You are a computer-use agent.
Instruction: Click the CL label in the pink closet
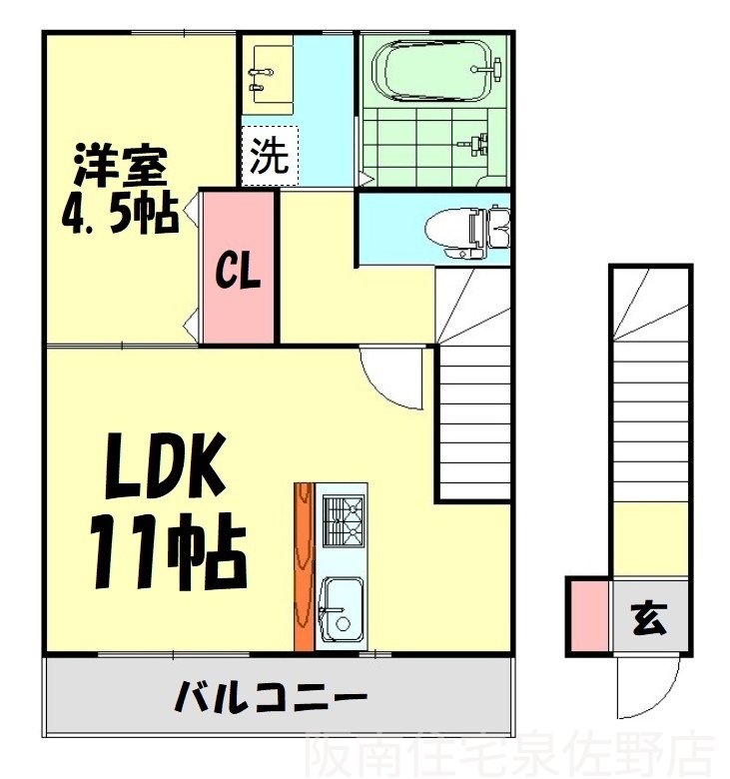pyautogui.click(x=240, y=271)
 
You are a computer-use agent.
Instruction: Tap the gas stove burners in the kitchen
pyautogui.click(x=343, y=521)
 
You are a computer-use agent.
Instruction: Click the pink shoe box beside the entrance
pyautogui.click(x=588, y=617)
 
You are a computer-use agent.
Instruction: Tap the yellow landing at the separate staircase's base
pyautogui.click(x=649, y=539)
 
